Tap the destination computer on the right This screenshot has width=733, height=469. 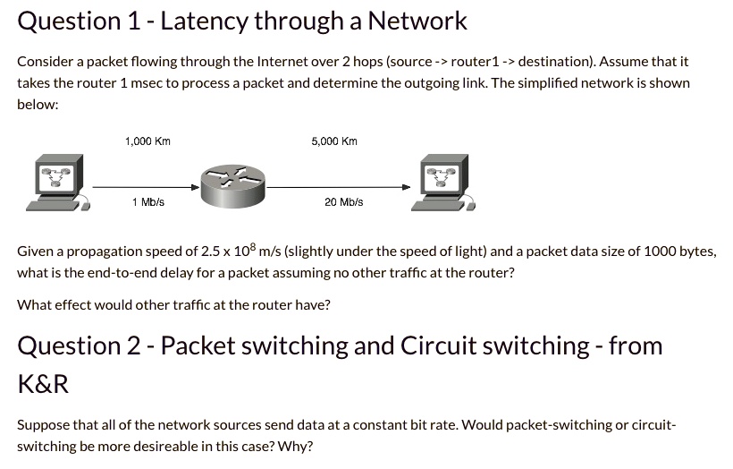442,183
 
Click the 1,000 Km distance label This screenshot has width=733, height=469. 147,141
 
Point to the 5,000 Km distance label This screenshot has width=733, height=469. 334,141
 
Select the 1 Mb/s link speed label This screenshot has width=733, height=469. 147,202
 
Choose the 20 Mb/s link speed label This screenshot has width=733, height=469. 344,202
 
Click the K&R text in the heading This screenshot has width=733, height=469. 43,385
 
